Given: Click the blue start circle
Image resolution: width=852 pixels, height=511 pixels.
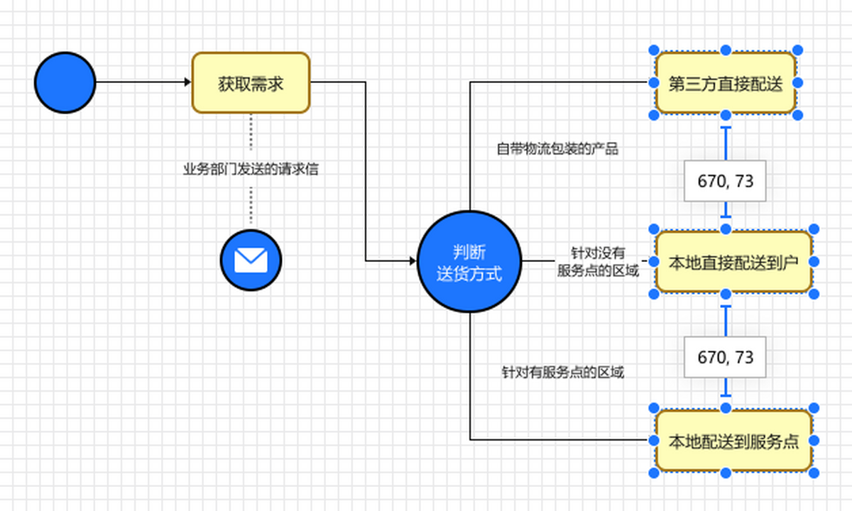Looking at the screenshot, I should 65,82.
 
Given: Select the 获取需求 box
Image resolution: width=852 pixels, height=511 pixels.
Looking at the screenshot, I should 251,82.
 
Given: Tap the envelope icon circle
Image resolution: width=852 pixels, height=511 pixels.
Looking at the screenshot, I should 251,260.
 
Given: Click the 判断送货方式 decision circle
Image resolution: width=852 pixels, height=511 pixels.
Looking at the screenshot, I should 469,261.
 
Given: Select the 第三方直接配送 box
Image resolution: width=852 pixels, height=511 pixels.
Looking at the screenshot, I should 725,83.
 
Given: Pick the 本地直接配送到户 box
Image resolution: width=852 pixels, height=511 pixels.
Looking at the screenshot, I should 733,262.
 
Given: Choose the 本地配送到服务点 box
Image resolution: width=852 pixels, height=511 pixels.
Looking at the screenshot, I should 733,441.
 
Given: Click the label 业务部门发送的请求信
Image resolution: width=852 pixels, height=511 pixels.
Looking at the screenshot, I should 251,170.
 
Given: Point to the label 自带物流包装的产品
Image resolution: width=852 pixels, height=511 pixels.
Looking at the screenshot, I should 557,149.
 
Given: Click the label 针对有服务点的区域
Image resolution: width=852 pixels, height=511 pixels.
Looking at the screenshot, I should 562,372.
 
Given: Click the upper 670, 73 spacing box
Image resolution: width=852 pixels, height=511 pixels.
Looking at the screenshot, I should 725,181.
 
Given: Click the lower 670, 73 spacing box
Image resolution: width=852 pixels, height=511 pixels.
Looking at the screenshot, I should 725,357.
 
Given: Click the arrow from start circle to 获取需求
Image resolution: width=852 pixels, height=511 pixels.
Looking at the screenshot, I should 142,82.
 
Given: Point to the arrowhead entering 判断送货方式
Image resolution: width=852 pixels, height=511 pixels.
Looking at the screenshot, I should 413,261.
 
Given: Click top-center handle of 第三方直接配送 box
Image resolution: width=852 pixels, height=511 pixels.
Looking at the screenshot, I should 726,50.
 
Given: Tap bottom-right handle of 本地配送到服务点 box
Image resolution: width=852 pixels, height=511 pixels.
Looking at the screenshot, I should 814,473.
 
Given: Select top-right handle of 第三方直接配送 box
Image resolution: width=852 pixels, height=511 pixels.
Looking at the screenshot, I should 797,50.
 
